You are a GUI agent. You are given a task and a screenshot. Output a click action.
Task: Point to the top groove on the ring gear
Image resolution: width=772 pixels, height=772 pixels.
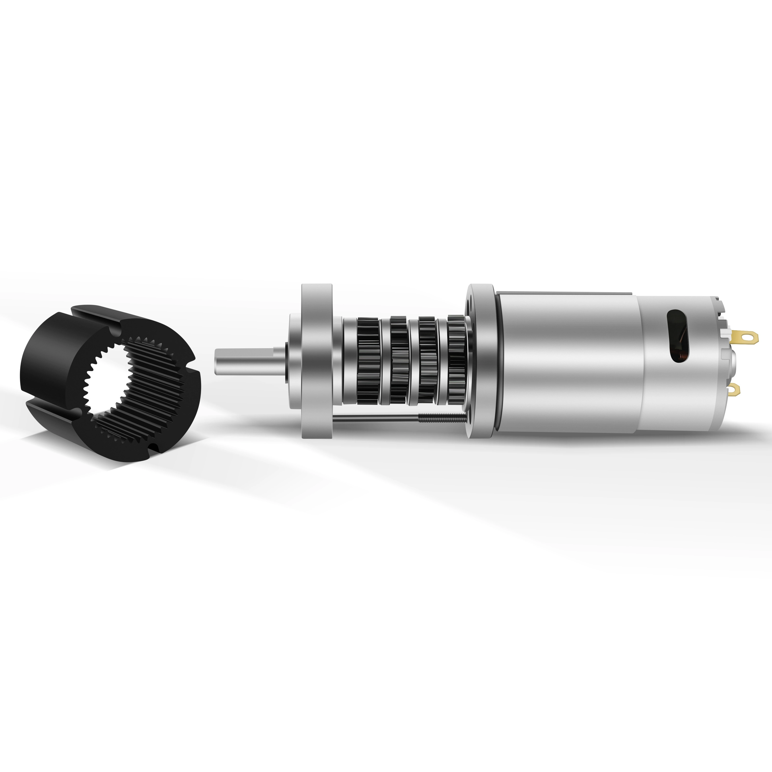click(x=96, y=316)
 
